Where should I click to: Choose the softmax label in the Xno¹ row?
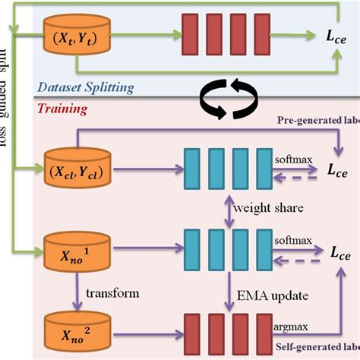click(292, 238)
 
